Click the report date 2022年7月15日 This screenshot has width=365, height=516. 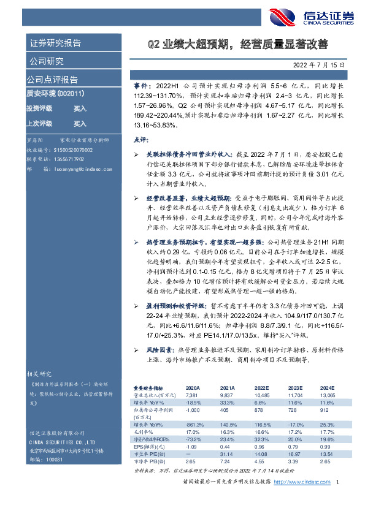tap(322, 64)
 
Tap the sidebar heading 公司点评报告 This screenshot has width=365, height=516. tap(52, 80)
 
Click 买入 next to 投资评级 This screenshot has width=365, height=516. tap(80, 108)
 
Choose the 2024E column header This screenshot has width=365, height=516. tap(326, 388)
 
